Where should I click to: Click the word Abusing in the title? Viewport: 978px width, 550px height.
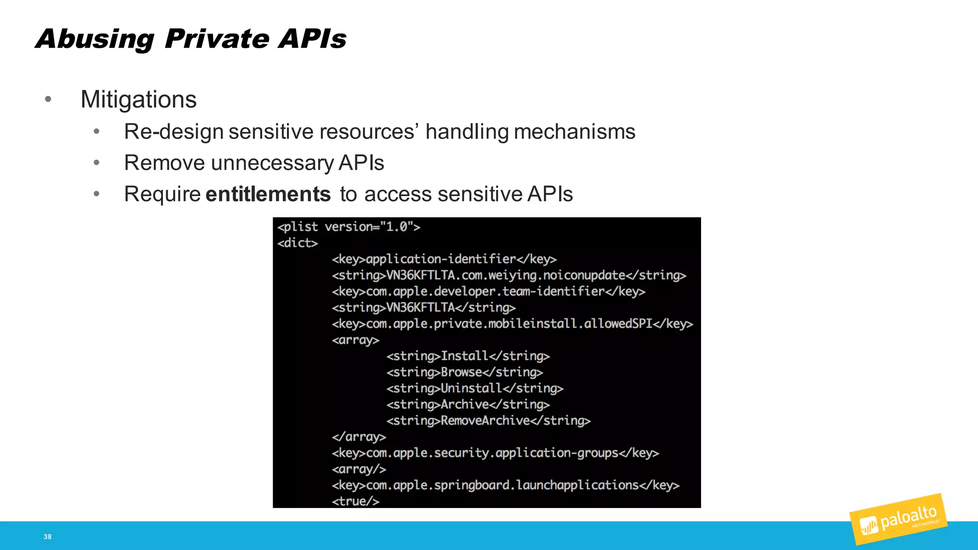pyautogui.click(x=95, y=39)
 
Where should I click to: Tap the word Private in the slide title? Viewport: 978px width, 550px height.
pyautogui.click(x=216, y=39)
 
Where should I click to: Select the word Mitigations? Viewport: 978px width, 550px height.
pyautogui.click(x=138, y=100)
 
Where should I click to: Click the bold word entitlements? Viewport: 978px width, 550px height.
pyautogui.click(x=268, y=194)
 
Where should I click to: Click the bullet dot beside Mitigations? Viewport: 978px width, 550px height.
pyautogui.click(x=48, y=99)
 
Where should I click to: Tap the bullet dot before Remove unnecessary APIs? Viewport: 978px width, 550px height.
pyautogui.click(x=96, y=163)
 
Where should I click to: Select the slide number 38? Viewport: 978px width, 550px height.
pyautogui.click(x=48, y=537)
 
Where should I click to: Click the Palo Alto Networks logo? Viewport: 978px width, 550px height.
pyautogui.click(x=898, y=520)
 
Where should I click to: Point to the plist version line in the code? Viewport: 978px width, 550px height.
pyautogui.click(x=349, y=227)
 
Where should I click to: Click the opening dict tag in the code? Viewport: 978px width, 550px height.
pyautogui.click(x=298, y=243)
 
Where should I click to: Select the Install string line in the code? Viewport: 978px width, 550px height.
pyautogui.click(x=468, y=356)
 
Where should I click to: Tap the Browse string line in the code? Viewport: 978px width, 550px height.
pyautogui.click(x=465, y=372)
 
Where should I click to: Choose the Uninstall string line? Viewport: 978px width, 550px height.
pyautogui.click(x=475, y=389)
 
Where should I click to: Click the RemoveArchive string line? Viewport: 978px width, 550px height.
pyautogui.click(x=489, y=421)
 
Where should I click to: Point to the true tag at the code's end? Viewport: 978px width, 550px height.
pyautogui.click(x=356, y=501)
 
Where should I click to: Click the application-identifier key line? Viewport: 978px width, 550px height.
pyautogui.click(x=444, y=259)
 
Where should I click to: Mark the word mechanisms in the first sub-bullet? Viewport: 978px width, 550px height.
pyautogui.click(x=574, y=132)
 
